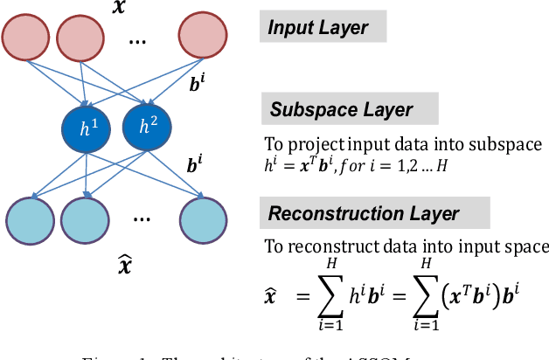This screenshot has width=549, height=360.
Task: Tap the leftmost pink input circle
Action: pos(27,38)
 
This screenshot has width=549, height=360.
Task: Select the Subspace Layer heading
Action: pos(340,110)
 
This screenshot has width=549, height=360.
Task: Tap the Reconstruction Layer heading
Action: pos(364,212)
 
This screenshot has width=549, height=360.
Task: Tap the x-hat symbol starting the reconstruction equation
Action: pos(272,297)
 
